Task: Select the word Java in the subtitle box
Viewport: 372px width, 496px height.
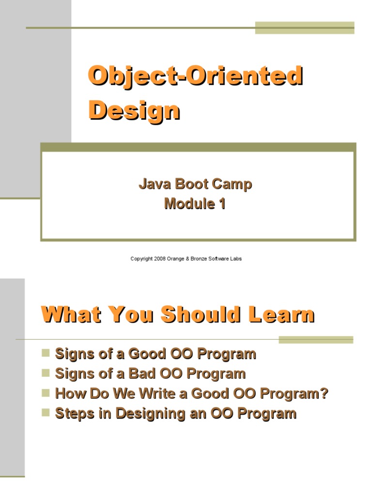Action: [152, 185]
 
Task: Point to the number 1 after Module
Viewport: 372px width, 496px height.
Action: [222, 204]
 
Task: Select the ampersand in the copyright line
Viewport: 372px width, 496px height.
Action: [186, 259]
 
